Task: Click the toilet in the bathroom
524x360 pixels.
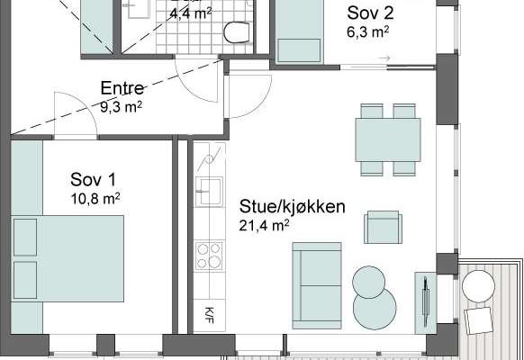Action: pyautogui.click(x=237, y=32)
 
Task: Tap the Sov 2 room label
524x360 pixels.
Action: pyautogui.click(x=370, y=13)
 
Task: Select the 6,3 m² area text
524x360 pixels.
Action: pyautogui.click(x=368, y=32)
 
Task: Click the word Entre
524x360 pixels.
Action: pyautogui.click(x=122, y=88)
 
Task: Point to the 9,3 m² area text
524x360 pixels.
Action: pyautogui.click(x=122, y=107)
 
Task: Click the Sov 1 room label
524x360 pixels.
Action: pyautogui.click(x=94, y=179)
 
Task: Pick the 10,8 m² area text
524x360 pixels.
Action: pyautogui.click(x=95, y=199)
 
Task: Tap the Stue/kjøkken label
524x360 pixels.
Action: pyautogui.click(x=292, y=207)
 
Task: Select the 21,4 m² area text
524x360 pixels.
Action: pyautogui.click(x=264, y=225)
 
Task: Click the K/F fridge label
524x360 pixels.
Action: pyautogui.click(x=209, y=315)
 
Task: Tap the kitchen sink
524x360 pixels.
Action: pyautogui.click(x=209, y=192)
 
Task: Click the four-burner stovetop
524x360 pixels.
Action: pyautogui.click(x=209, y=256)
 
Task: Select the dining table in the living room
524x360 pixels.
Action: pyautogui.click(x=388, y=139)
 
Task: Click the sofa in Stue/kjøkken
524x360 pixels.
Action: pyautogui.click(x=317, y=285)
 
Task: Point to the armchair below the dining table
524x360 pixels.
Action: pyautogui.click(x=383, y=227)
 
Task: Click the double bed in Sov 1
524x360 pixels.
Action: pyautogui.click(x=68, y=259)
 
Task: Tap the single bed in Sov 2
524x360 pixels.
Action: pyautogui.click(x=298, y=31)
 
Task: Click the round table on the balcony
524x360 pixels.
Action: pyautogui.click(x=478, y=286)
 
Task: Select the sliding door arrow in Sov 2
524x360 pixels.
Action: pyautogui.click(x=384, y=58)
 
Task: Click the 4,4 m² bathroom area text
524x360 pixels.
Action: pyautogui.click(x=191, y=13)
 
